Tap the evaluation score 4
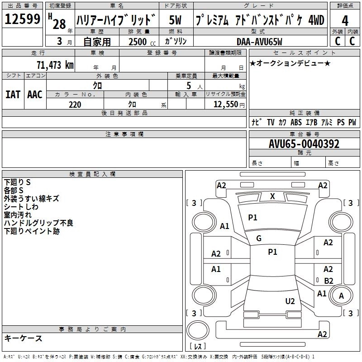click(x=345, y=21)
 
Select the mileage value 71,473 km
click(x=55, y=65)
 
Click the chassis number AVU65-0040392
click(x=304, y=144)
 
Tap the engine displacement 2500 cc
click(x=138, y=42)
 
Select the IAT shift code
click(x=13, y=94)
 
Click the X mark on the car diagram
click(x=272, y=196)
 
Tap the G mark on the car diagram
click(x=259, y=238)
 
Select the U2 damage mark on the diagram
click(x=290, y=301)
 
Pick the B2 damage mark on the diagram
click(x=329, y=281)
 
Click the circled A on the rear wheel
click(x=342, y=296)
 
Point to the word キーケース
click(x=23, y=338)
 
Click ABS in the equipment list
click(x=296, y=122)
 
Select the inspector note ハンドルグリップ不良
click(x=38, y=223)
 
